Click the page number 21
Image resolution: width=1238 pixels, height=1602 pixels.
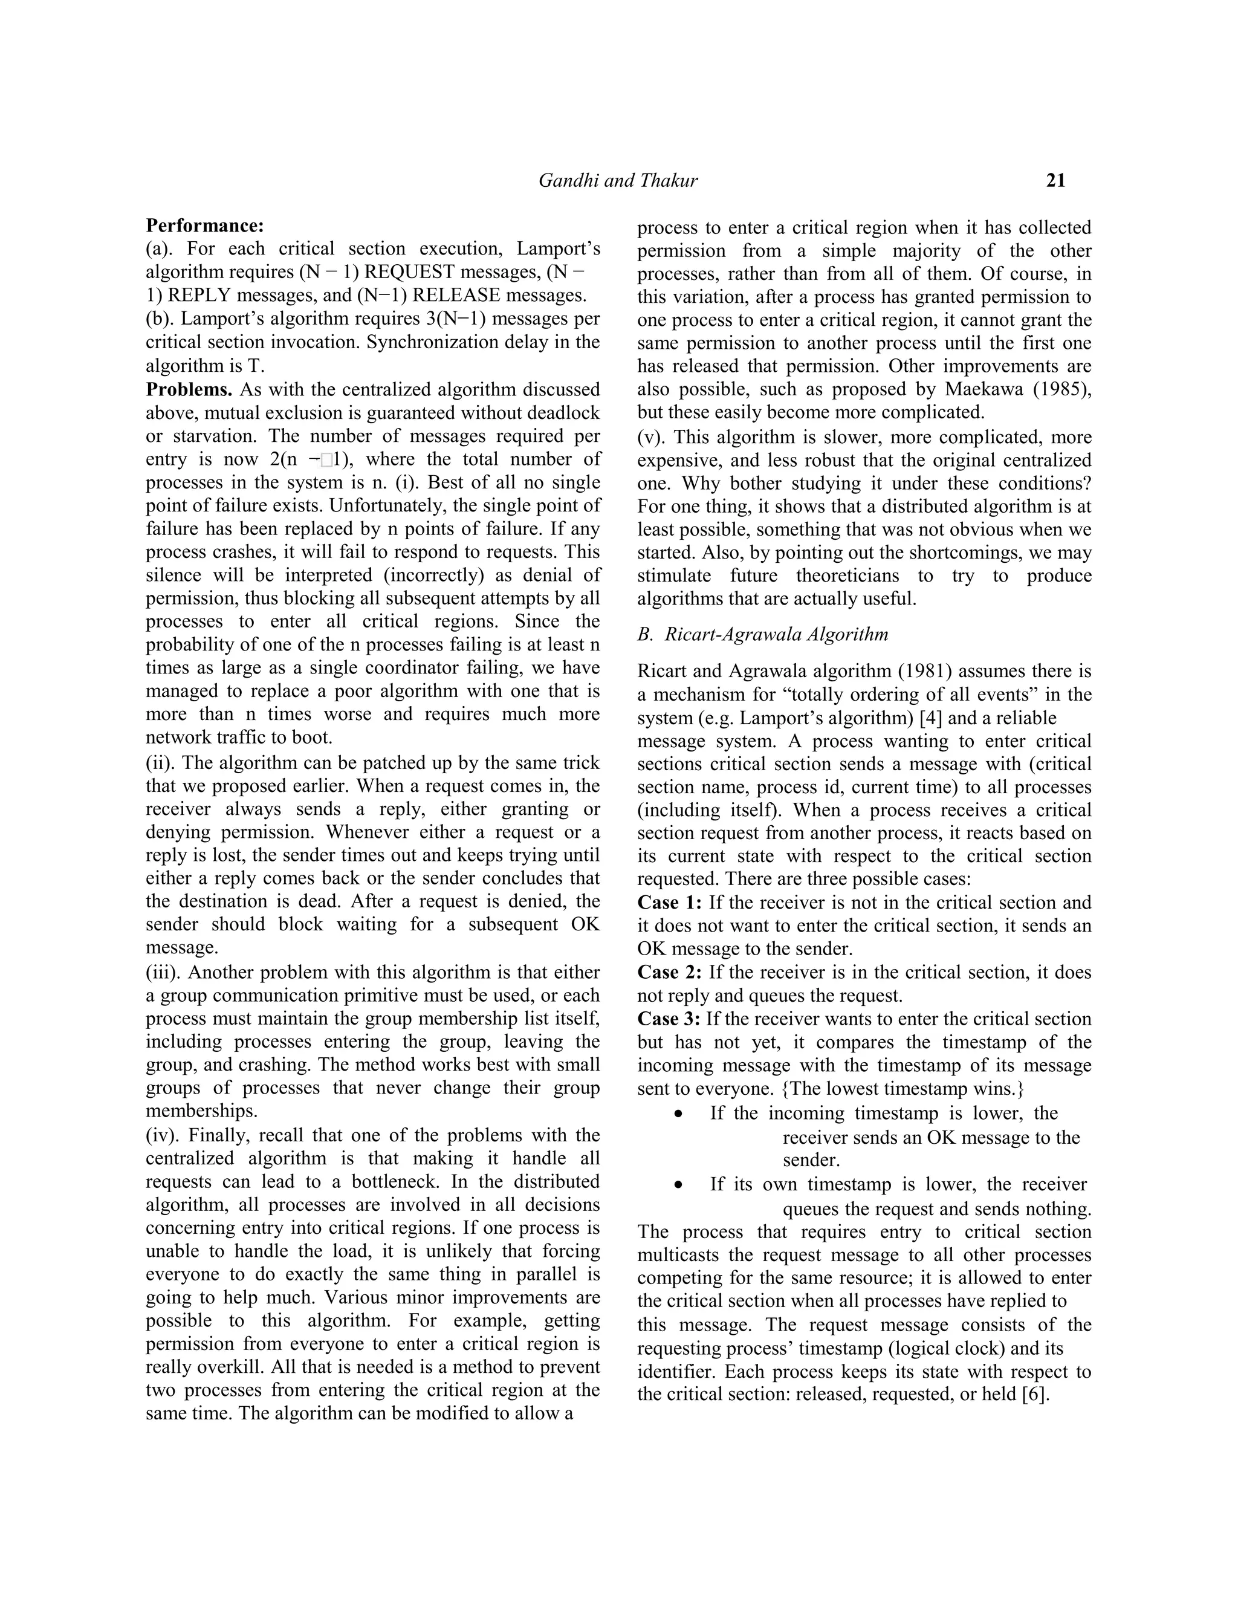[x=1055, y=180]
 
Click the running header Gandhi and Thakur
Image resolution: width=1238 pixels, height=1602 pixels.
[x=618, y=180]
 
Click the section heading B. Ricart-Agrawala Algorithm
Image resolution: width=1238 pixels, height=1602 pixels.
[x=763, y=635]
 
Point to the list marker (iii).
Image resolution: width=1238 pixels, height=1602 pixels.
[x=161, y=973]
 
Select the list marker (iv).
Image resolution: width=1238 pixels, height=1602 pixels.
[x=161, y=1135]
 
